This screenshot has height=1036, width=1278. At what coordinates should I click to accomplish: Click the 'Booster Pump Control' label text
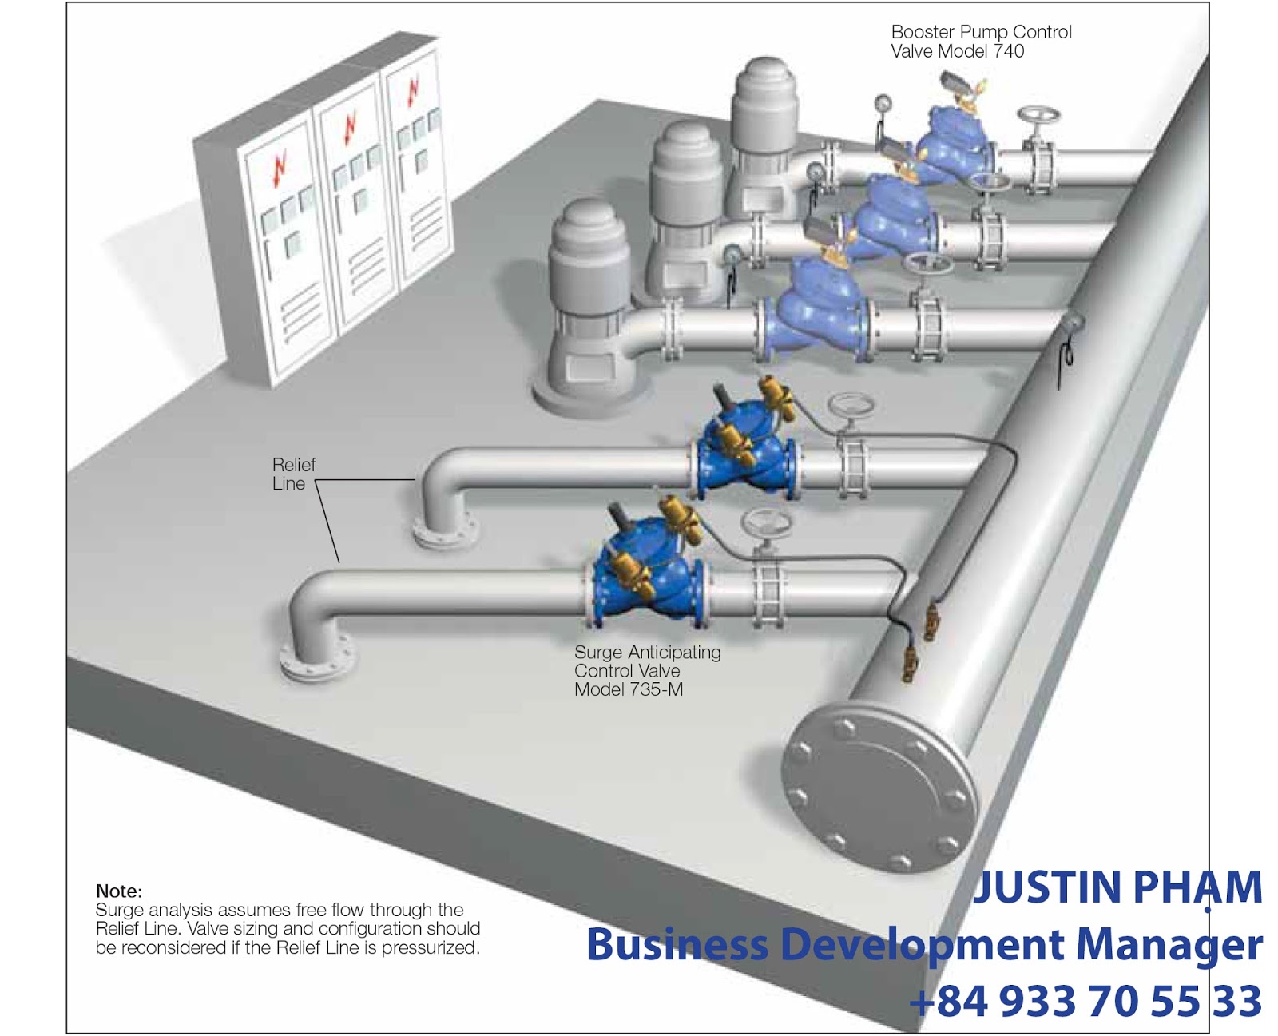click(x=981, y=33)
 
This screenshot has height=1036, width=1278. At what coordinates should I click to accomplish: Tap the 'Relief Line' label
click(x=293, y=474)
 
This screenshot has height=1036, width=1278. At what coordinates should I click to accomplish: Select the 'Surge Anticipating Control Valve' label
click(x=647, y=662)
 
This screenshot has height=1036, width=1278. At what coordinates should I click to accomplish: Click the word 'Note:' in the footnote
click(x=119, y=891)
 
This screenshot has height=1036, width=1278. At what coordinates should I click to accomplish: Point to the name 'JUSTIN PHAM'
click(x=1118, y=887)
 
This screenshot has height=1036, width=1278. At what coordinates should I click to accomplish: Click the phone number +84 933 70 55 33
click(x=1086, y=1001)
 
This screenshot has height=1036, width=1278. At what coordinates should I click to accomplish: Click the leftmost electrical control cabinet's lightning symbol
click(x=279, y=169)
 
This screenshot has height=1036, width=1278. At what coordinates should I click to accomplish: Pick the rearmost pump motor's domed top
click(x=765, y=76)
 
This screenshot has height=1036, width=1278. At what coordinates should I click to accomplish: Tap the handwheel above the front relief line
click(x=768, y=524)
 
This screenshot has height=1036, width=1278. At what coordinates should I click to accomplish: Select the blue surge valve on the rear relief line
click(x=747, y=451)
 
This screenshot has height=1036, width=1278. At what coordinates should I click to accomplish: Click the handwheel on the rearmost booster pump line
click(x=1039, y=118)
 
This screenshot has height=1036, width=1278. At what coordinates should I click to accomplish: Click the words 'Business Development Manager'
click(x=924, y=944)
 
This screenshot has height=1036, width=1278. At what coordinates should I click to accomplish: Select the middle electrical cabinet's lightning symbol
click(x=350, y=128)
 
